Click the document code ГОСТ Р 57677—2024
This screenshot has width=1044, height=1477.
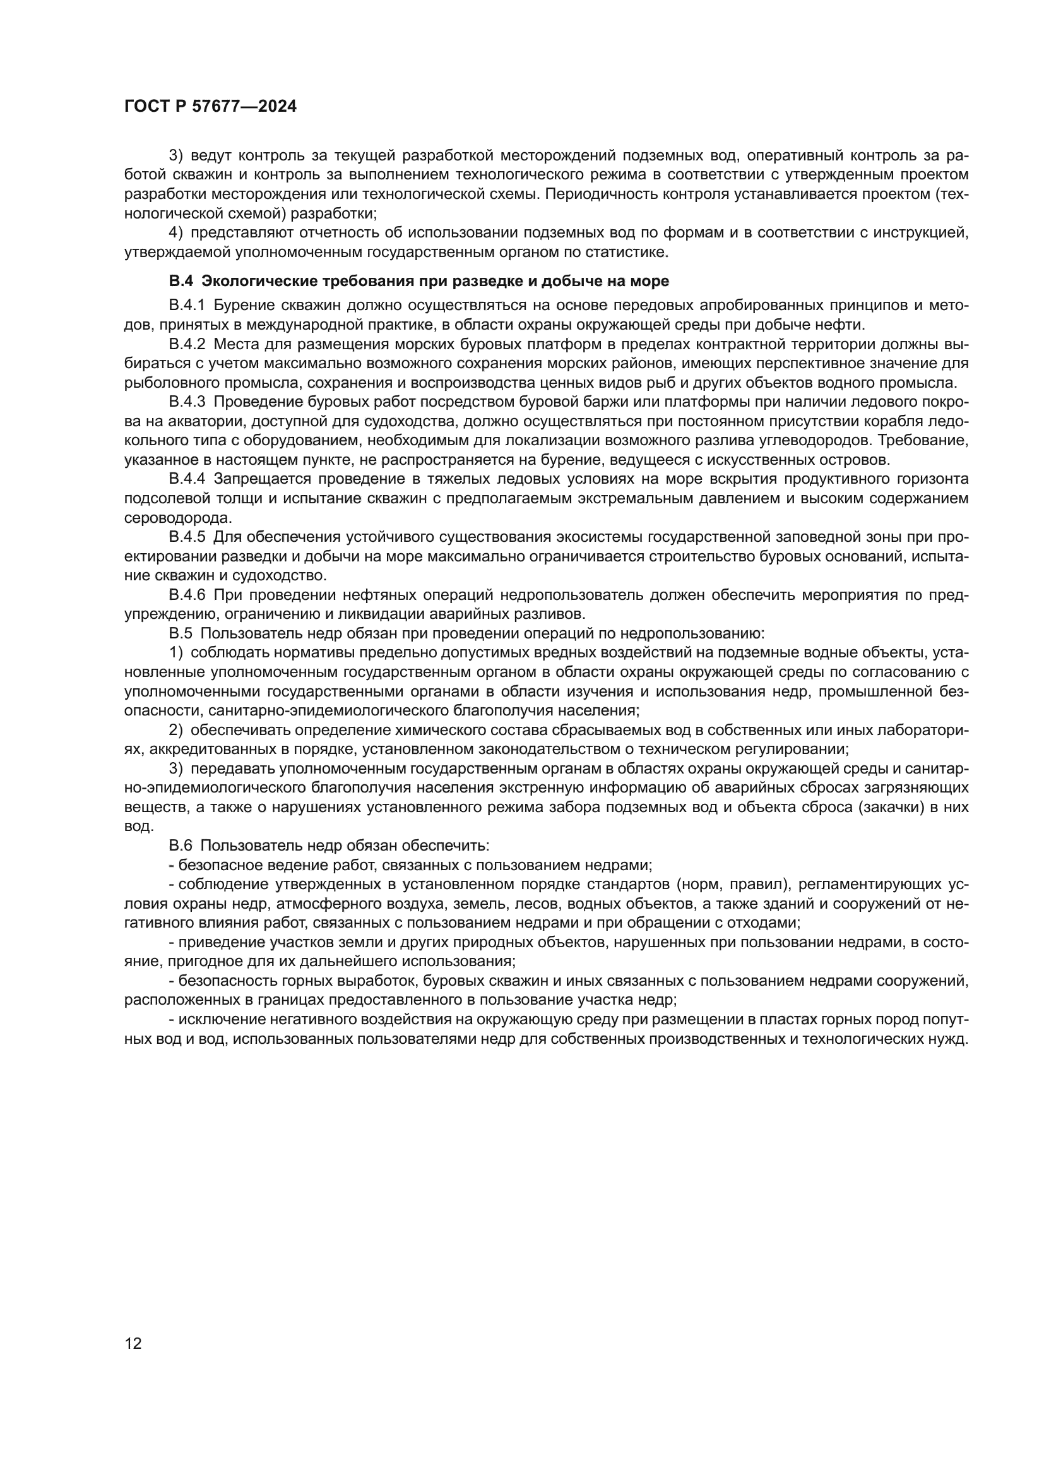[x=210, y=107]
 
